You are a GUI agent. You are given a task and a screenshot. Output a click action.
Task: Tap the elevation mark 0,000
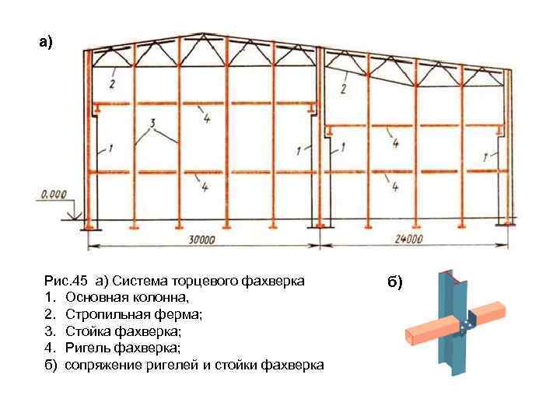tap(53, 194)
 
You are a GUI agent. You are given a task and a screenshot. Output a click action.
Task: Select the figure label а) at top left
tap(47, 42)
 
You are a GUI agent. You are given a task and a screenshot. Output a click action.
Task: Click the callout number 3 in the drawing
tap(154, 122)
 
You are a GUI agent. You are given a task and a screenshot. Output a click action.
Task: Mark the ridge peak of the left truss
tap(204, 34)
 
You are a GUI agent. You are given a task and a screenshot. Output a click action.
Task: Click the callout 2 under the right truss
tap(343, 89)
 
